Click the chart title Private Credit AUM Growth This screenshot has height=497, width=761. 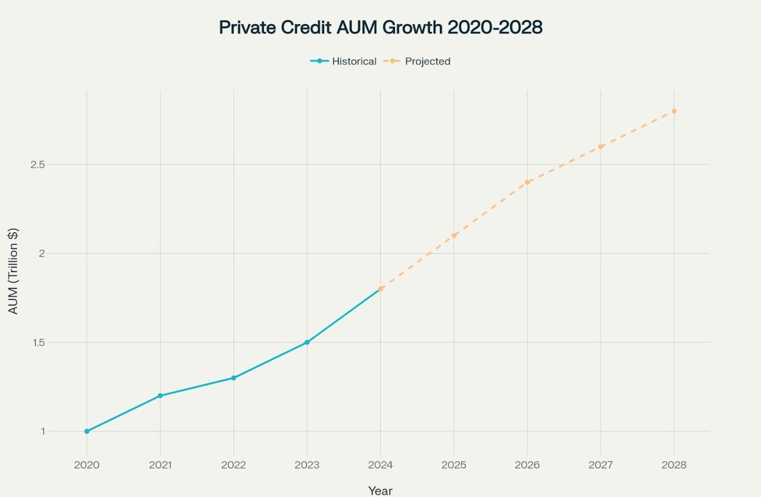point(380,27)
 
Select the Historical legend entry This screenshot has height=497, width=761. point(344,61)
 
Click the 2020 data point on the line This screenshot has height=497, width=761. point(87,431)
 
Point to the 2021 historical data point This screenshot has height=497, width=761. point(160,396)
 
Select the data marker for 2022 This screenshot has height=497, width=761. point(233,378)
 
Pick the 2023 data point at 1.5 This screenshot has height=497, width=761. point(307,342)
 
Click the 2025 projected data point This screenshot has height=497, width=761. point(454,235)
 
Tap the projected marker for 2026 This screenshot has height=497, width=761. point(527,182)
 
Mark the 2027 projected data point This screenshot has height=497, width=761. point(601,146)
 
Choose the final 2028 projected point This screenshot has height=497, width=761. point(674,111)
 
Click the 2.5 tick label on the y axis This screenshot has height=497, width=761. point(37,165)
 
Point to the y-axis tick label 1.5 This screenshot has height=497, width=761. point(37,342)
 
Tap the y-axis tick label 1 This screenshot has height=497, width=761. point(42,431)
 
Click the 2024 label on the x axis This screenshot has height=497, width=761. point(380,465)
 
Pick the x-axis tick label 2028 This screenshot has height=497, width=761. point(674,465)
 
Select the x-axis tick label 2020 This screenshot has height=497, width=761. point(87,465)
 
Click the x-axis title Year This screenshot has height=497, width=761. point(380,491)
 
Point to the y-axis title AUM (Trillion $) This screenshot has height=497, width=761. point(13,271)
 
